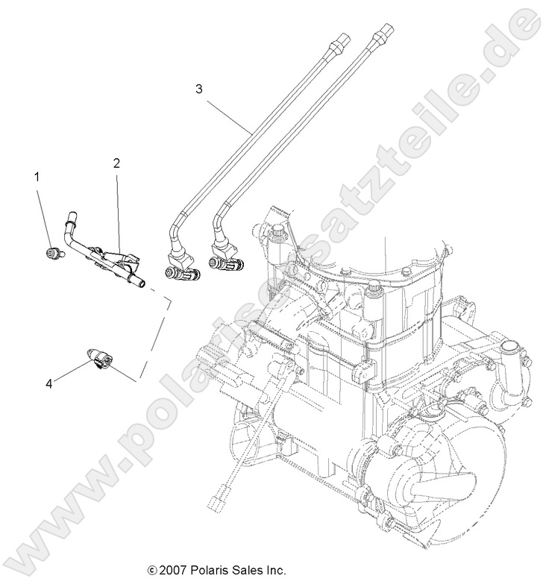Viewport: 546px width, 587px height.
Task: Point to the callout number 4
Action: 48,383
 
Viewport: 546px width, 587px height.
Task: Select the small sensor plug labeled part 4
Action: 100,360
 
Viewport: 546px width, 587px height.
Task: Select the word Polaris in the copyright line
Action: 207,571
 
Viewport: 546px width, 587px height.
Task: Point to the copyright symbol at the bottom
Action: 152,571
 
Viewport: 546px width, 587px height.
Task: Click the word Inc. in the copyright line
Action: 275,571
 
